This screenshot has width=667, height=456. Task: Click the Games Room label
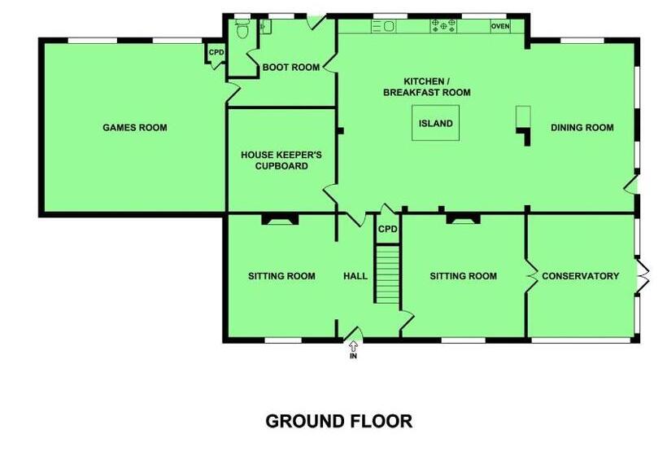click(135, 127)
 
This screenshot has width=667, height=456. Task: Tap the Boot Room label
click(291, 68)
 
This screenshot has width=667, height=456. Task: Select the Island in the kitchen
click(436, 123)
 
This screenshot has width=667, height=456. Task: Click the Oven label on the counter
click(500, 26)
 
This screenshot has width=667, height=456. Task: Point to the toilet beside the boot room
click(242, 29)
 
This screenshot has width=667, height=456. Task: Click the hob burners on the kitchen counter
click(443, 26)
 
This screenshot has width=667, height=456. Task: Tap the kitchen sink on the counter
click(384, 26)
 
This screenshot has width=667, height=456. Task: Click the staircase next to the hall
click(387, 274)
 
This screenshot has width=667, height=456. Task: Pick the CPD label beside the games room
click(216, 52)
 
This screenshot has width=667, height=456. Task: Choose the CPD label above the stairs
click(387, 229)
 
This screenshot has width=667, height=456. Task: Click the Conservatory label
click(580, 276)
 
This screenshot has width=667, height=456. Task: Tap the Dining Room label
click(582, 127)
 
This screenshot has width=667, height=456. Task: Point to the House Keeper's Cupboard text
click(281, 160)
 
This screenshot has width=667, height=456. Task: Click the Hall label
click(355, 276)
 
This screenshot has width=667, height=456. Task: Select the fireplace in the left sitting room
click(280, 219)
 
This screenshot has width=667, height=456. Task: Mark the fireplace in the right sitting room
click(464, 219)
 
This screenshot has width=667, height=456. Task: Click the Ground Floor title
click(339, 421)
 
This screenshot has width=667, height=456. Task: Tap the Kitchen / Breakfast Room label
click(427, 87)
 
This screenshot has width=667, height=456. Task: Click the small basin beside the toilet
click(265, 26)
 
